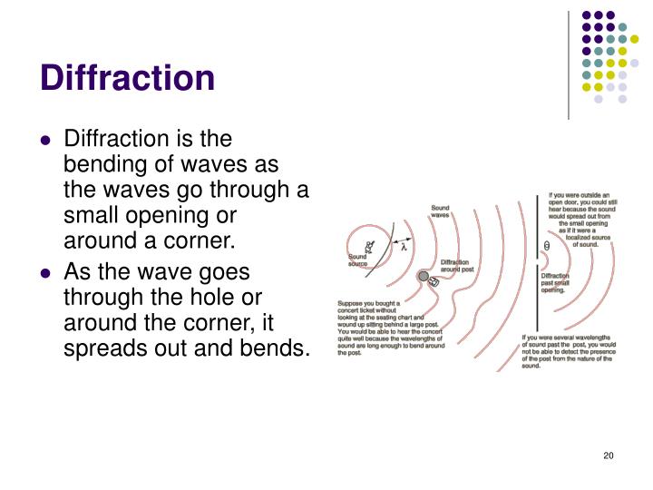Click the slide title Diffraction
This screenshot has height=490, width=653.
click(128, 78)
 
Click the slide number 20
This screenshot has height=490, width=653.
click(609, 455)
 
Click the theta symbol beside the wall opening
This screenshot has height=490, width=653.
click(545, 245)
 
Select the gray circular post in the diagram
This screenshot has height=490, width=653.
click(424, 276)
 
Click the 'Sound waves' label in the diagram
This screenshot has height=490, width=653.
click(440, 211)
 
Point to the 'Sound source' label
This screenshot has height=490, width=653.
click(358, 260)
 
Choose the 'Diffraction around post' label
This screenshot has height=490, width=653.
click(455, 266)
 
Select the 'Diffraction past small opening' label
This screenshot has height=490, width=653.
click(555, 283)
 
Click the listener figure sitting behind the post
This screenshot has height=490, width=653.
click(434, 282)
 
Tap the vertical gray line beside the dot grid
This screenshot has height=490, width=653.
click(569, 64)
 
